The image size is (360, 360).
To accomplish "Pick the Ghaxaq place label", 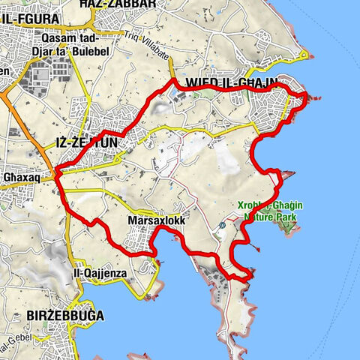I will (20, 178).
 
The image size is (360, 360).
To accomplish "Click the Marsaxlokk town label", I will (151, 222).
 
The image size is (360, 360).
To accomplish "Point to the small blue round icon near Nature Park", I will (223, 225).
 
